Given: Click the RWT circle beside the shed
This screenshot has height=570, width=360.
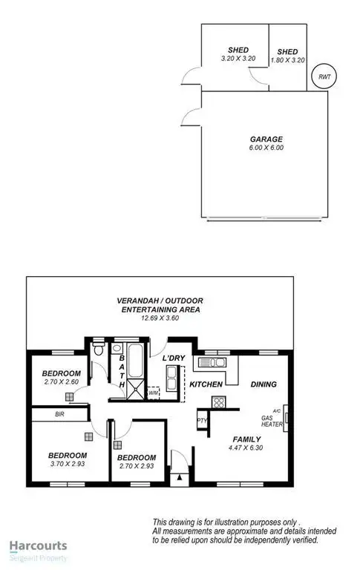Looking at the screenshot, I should click(x=323, y=76).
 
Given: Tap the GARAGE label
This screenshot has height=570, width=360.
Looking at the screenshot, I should click(x=266, y=139).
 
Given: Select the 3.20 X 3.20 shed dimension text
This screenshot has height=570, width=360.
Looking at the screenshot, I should click(x=238, y=59).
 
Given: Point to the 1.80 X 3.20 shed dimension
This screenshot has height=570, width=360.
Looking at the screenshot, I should click(x=287, y=59).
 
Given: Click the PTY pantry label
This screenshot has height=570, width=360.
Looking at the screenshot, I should click(x=200, y=419).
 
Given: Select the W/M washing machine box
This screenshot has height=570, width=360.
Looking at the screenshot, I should click(x=154, y=393).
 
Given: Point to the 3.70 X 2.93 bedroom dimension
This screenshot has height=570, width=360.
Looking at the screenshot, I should click(x=68, y=465).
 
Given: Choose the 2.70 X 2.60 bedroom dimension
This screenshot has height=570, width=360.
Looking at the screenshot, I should click(x=61, y=383).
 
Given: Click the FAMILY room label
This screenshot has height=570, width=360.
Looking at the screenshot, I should click(x=246, y=439).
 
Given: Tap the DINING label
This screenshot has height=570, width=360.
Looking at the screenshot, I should click(x=264, y=384).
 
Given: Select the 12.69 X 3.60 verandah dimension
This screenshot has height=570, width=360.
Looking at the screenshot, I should click(x=160, y=319).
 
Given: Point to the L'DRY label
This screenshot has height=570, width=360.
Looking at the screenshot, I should click(x=174, y=358).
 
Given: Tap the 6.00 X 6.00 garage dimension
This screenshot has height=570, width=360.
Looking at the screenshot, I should click(x=266, y=148).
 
